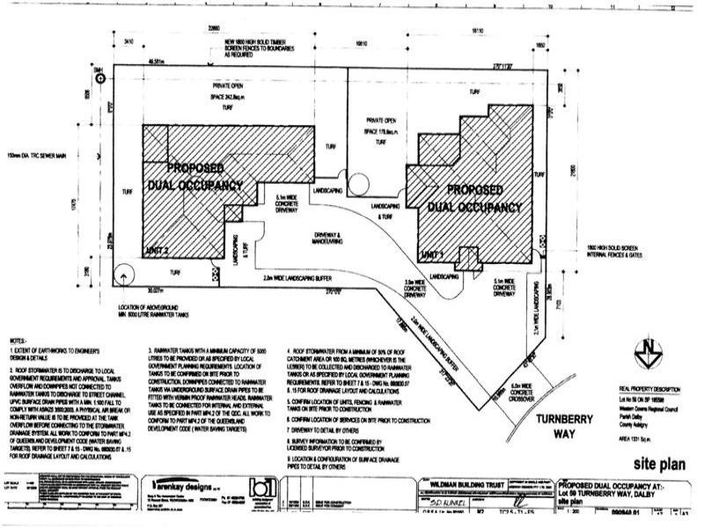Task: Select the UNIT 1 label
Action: (x=434, y=253)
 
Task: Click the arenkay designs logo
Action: (x=187, y=485)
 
